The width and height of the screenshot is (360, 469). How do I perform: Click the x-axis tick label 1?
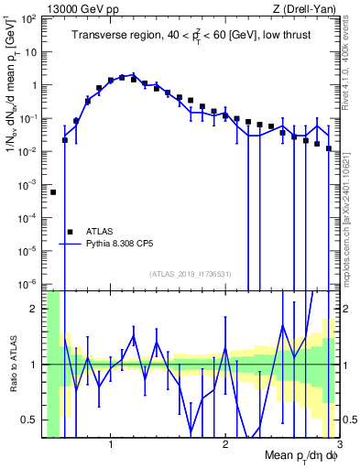coord(111,445)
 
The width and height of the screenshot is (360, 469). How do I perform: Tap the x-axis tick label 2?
coord(225,445)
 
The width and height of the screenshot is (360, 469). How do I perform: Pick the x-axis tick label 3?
coord(338,445)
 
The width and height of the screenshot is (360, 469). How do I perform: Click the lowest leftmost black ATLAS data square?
coord(53,192)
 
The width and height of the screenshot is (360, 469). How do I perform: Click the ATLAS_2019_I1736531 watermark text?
coord(191,274)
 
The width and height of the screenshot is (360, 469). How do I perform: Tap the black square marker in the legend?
coord(70,233)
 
